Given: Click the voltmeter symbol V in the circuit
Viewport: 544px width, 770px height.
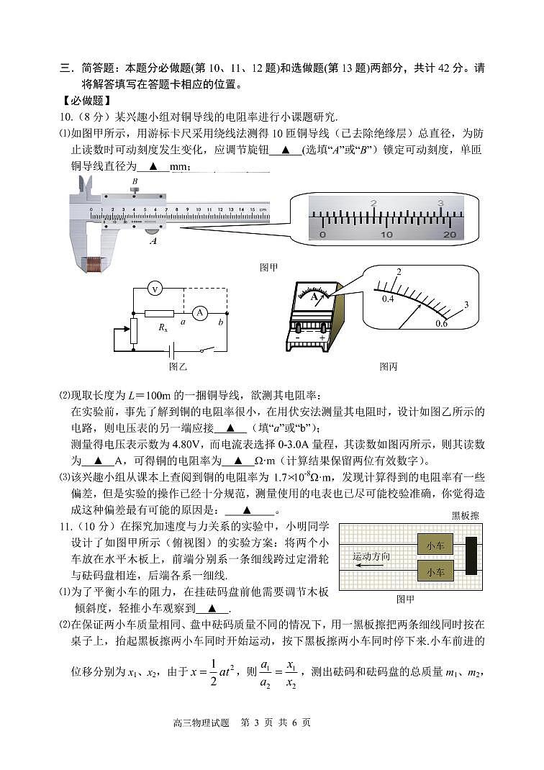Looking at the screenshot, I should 153,289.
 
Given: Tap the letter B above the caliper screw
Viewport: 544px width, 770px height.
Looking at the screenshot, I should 135,181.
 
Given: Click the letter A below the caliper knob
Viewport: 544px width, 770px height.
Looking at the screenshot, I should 153,242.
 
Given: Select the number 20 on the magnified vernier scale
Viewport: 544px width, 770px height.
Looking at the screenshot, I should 450,235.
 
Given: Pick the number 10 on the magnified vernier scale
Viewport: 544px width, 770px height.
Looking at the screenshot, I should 386,235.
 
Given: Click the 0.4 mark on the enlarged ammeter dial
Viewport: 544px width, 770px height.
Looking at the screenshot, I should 388,299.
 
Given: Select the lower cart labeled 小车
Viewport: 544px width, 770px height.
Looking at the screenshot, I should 435,572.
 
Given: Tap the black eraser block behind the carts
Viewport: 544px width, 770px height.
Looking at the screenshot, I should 471,558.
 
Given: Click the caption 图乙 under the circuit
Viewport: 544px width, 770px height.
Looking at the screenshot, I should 178,366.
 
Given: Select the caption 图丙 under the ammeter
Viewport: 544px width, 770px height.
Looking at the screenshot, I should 389,366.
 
